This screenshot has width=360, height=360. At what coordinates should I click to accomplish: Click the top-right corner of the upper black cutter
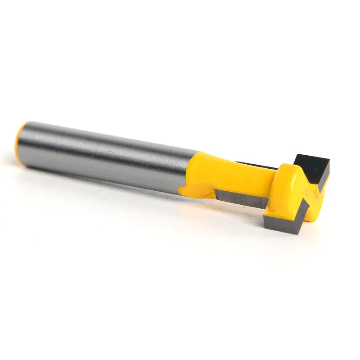[x=330, y=161]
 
